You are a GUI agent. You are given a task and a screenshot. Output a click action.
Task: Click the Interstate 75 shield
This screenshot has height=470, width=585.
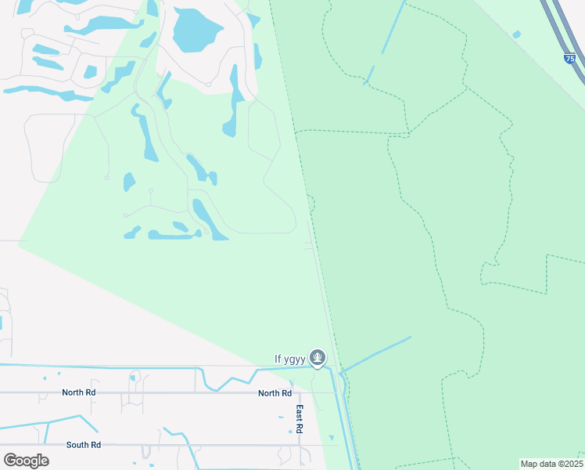570,58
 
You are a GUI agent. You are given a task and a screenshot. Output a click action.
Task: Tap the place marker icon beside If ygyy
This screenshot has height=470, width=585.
317,358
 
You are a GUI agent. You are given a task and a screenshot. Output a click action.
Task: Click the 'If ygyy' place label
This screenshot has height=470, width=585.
289,360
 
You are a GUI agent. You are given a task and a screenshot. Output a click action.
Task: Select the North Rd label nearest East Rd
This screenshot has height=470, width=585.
275,393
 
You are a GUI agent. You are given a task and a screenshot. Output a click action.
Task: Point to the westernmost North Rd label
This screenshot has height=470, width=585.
79,392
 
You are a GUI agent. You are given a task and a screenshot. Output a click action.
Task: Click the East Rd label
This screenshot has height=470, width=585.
299,419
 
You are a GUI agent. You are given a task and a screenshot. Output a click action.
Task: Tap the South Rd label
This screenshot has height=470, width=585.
83,445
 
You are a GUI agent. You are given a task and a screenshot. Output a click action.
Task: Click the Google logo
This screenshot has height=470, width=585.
27,461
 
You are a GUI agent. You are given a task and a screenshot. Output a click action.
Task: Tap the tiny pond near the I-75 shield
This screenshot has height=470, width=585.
516,34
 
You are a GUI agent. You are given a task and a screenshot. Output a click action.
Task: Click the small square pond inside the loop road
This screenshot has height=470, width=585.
91,72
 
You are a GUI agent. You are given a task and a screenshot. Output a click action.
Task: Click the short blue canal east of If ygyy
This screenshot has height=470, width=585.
376,354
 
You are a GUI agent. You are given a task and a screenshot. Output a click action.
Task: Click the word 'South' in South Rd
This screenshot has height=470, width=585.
77,445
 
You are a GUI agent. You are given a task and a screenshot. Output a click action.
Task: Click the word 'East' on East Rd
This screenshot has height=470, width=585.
299,412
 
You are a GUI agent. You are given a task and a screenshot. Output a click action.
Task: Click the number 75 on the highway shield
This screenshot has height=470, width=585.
570,59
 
